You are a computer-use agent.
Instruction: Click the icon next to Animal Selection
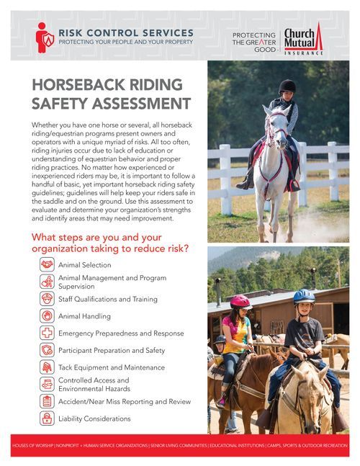click(x=47, y=265)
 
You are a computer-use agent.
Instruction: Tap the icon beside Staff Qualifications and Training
click(x=47, y=298)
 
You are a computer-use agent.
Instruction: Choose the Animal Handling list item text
click(x=84, y=315)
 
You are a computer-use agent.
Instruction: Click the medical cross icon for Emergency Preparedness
click(x=47, y=333)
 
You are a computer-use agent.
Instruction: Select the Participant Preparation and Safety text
click(x=112, y=351)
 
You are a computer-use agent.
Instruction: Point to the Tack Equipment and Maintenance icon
click(x=47, y=367)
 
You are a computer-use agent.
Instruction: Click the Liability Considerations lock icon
click(x=47, y=418)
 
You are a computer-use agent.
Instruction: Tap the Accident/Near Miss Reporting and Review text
click(x=123, y=401)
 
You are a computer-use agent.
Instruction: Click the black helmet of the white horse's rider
click(x=287, y=86)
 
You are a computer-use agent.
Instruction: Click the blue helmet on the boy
click(x=304, y=296)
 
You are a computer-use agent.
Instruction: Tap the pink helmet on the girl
click(x=240, y=301)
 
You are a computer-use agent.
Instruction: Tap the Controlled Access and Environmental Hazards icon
click(x=47, y=385)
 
